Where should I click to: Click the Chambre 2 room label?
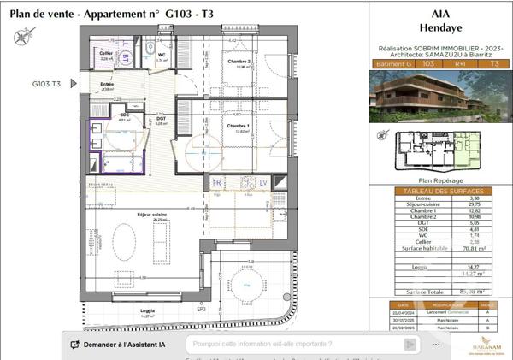(238, 62)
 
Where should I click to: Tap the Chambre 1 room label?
(237, 127)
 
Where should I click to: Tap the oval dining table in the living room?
(133, 248)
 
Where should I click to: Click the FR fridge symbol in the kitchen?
(217, 183)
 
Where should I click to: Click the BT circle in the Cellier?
(127, 57)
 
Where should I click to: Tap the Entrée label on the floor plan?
(107, 84)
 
